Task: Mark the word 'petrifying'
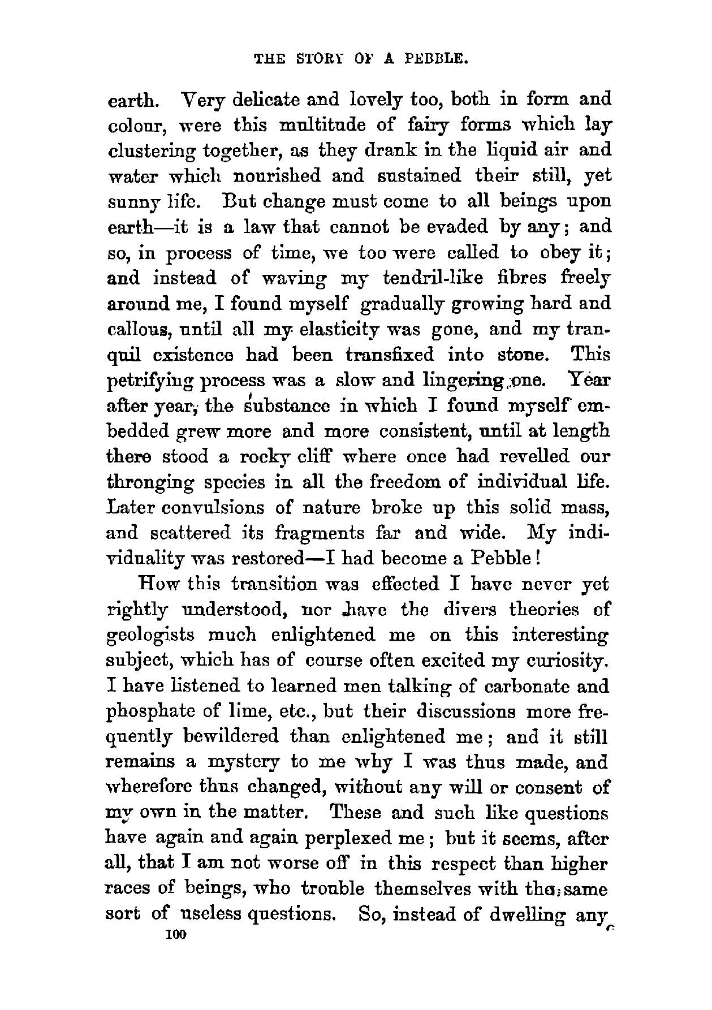[148, 381]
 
